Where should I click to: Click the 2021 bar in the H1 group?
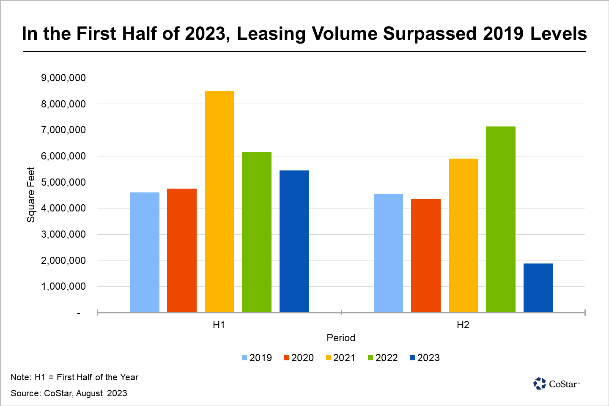pos(219,201)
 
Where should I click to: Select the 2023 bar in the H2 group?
pos(538,288)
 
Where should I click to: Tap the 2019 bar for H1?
pos(145,252)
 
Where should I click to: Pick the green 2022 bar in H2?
pos(501,219)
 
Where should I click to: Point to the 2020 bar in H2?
pos(426,255)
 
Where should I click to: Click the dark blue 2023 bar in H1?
pos(294,241)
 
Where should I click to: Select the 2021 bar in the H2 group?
pos(463,235)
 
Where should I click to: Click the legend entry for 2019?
pos(257,358)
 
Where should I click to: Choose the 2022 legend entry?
pos(383,358)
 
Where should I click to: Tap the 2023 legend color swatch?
pos(412,358)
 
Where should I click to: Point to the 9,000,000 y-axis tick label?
pos(63,78)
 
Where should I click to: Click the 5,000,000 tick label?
pos(63,182)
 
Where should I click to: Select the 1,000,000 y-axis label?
pos(63,286)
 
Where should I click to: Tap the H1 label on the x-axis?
pos(219,325)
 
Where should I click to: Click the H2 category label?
pos(463,325)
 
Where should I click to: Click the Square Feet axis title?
pos(31,195)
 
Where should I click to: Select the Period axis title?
pos(341,338)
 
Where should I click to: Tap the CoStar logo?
pos(556,384)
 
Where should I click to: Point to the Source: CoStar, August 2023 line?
pos(69,393)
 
